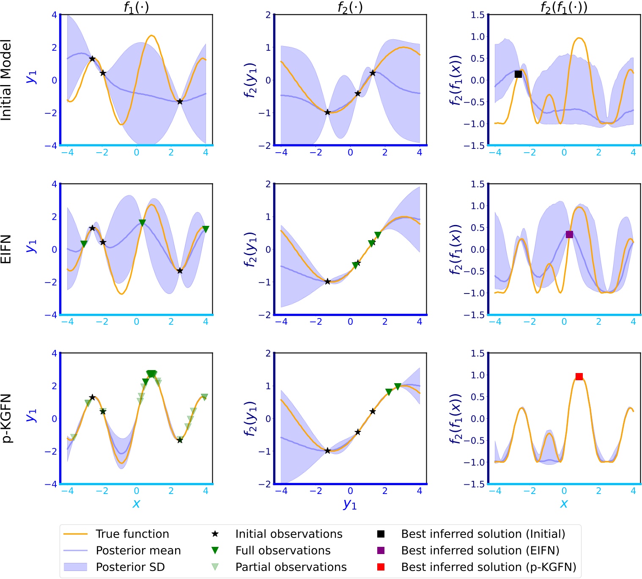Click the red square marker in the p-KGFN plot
point(579,376)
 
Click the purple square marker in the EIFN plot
point(569,234)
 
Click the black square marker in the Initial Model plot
point(518,74)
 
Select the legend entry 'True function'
point(132,534)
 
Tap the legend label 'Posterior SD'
point(130,567)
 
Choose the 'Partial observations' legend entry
point(291,567)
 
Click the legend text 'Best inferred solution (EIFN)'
point(480,550)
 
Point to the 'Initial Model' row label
point(6,80)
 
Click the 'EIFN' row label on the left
point(6,250)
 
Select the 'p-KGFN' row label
point(6,418)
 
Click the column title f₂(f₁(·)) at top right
point(564,7)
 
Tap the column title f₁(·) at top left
point(136,7)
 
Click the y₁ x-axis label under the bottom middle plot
point(350,504)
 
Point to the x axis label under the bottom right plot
point(564,503)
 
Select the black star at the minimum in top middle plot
point(327,112)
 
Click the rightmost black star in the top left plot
point(180,102)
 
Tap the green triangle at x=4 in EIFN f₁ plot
point(206,229)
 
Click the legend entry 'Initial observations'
point(288,534)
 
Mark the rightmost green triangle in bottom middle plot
point(398,387)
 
